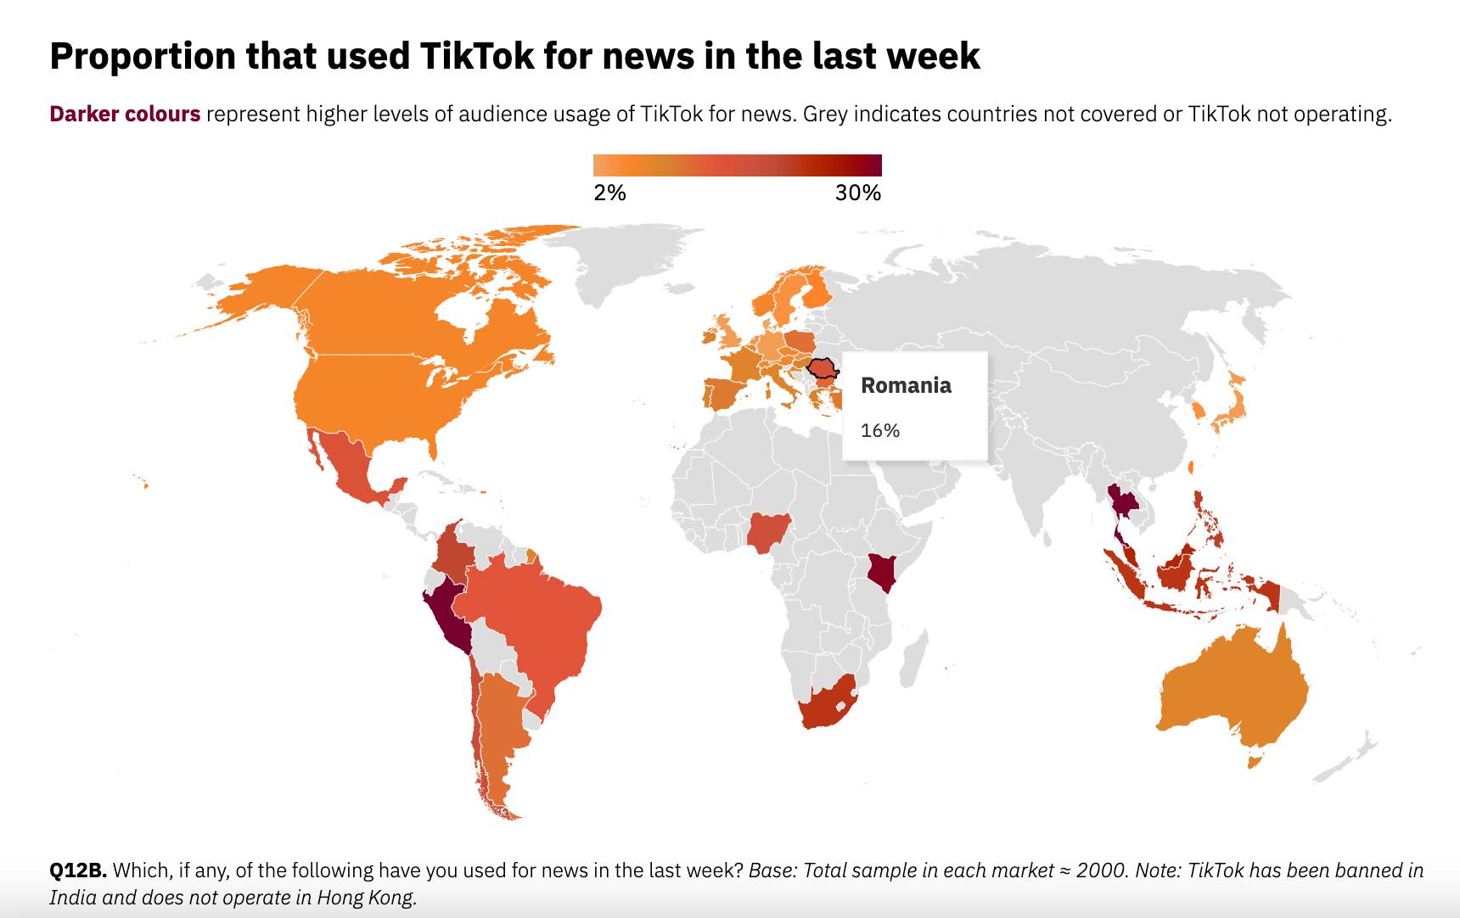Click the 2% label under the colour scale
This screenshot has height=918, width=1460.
[609, 193]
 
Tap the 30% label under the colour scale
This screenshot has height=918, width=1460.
[858, 193]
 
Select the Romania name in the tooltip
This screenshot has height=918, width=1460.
[906, 385]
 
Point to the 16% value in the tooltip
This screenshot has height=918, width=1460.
[880, 430]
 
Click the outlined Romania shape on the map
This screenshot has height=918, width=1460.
[822, 369]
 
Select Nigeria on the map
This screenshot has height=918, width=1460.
[770, 533]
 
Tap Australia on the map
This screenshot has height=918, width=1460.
[1232, 696]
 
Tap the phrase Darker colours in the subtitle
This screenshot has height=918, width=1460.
[125, 114]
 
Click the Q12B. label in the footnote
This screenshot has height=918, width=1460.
[78, 870]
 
